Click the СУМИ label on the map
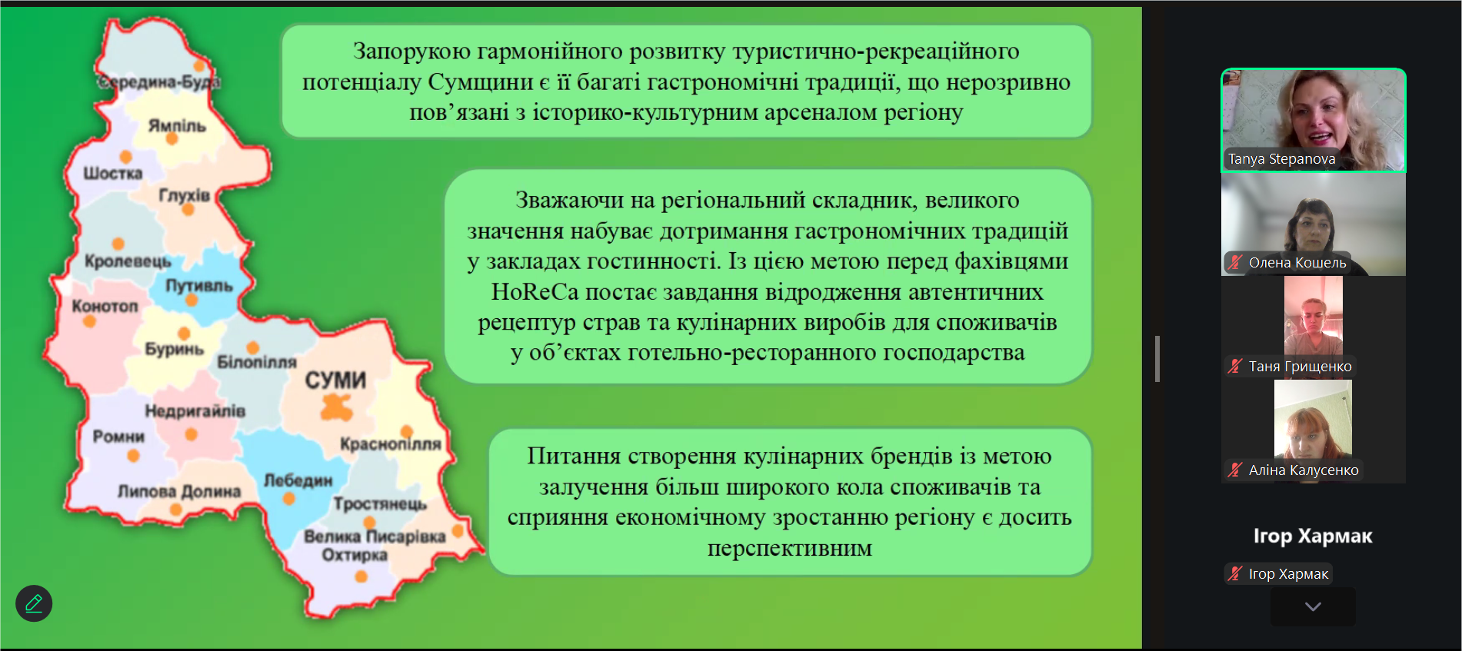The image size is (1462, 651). [335, 380]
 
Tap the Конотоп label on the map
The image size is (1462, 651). [105, 306]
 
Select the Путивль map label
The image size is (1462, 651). [199, 286]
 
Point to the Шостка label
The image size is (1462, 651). [113, 174]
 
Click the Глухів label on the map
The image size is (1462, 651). [185, 195]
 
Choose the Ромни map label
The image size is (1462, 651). [118, 437]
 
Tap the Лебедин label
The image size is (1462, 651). [298, 480]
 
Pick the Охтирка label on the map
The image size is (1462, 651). [355, 555]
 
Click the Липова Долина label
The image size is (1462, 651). [179, 491]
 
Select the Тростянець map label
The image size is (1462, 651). [380, 504]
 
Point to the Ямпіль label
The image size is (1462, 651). [177, 125]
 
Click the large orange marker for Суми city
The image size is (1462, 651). [336, 407]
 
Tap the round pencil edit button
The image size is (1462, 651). [34, 603]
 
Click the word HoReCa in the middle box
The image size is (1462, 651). [535, 292]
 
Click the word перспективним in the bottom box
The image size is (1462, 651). [790, 549]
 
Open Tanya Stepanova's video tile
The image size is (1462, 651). [1314, 120]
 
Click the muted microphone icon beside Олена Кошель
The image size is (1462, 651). [1235, 262]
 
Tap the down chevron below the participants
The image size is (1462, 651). [1313, 606]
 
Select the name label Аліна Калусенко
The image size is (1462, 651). [1304, 470]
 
